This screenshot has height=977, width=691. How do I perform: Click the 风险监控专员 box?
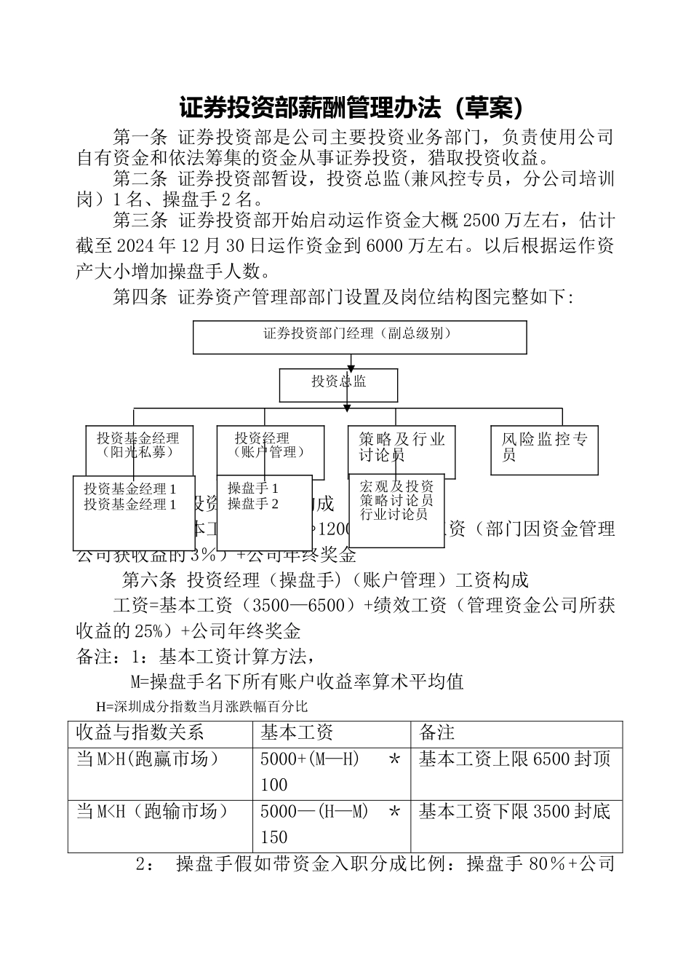[x=544, y=448]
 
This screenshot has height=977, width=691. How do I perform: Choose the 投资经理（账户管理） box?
[x=269, y=445]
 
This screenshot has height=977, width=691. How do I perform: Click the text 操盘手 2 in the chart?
[x=253, y=504]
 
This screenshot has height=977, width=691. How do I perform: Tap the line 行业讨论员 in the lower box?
[x=394, y=515]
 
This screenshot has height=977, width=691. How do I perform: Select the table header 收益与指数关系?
[x=140, y=732]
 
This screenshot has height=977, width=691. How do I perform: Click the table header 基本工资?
[x=297, y=732]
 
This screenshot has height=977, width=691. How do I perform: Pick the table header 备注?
[x=436, y=732]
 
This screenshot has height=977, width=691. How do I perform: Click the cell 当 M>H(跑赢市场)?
[x=148, y=759]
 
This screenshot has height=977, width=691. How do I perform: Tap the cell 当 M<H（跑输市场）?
[x=152, y=811]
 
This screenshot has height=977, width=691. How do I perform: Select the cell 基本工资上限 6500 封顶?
[x=515, y=759]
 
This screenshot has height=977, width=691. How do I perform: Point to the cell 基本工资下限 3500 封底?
[x=515, y=811]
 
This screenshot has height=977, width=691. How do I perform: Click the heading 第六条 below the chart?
[x=149, y=580]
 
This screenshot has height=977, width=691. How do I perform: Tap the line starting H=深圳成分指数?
[x=201, y=706]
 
